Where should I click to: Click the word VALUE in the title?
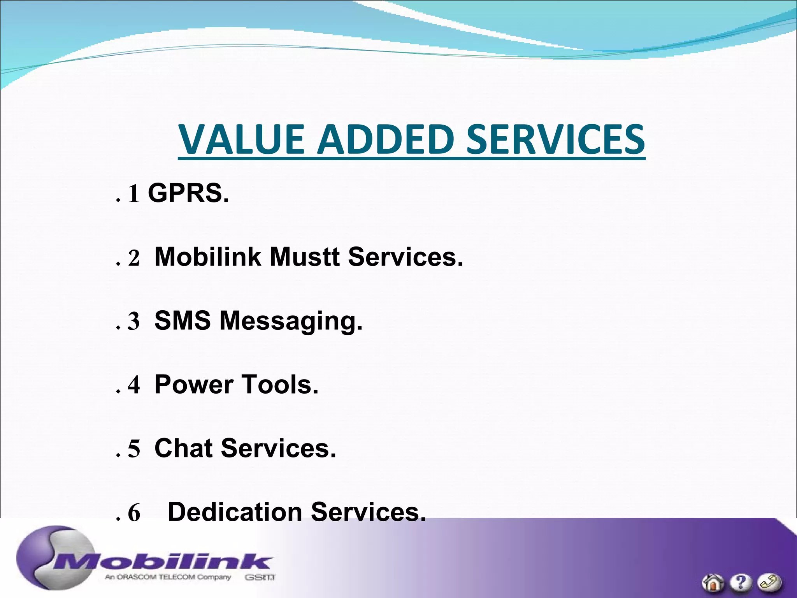tap(241, 139)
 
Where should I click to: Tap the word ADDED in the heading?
tap(386, 139)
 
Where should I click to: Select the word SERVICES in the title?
tap(555, 139)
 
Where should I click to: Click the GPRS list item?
tap(188, 193)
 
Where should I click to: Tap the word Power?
tap(193, 385)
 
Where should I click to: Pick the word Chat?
tap(183, 448)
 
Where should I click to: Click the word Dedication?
tap(235, 512)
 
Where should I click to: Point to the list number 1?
tap(133, 194)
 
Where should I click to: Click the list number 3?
tap(133, 322)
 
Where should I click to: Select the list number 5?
tap(133, 449)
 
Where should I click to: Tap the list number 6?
tap(133, 513)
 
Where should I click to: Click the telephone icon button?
tap(769, 582)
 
